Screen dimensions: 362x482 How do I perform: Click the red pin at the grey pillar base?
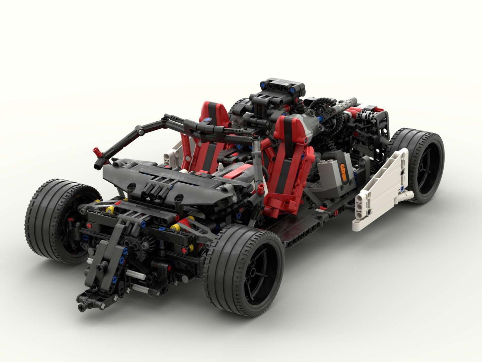260,189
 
